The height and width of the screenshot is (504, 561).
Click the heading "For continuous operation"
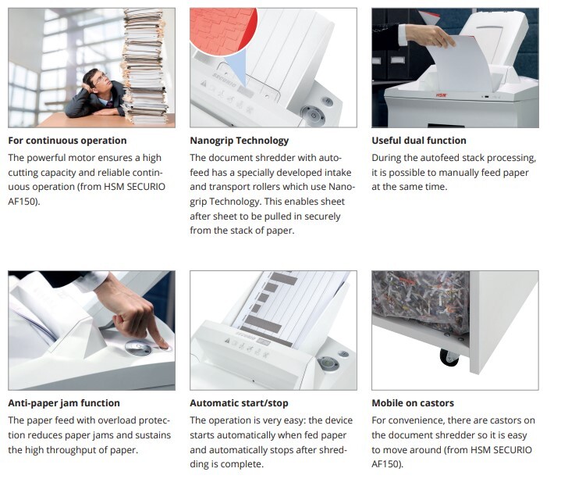pyautogui.click(x=67, y=141)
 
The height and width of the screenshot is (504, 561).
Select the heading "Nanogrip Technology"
pyautogui.click(x=239, y=141)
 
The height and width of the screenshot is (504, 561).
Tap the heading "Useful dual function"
pyautogui.click(x=418, y=141)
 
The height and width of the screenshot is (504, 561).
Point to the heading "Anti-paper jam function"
pyautogui.click(x=64, y=403)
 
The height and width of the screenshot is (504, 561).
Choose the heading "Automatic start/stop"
pyautogui.click(x=239, y=403)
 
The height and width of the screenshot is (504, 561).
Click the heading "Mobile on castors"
pyautogui.click(x=413, y=403)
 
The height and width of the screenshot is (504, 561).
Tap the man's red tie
pyautogui.click(x=110, y=104)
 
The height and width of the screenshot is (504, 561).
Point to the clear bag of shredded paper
pyautogui.click(x=421, y=301)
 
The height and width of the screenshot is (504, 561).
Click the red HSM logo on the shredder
pyautogui.click(x=442, y=95)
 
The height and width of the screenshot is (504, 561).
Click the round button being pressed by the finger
pyautogui.click(x=139, y=348)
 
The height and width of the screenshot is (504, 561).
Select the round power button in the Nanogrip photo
pyautogui.click(x=314, y=115)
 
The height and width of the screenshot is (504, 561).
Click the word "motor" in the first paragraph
pyautogui.click(x=81, y=158)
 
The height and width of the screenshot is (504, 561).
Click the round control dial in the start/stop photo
pyautogui.click(x=327, y=363)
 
